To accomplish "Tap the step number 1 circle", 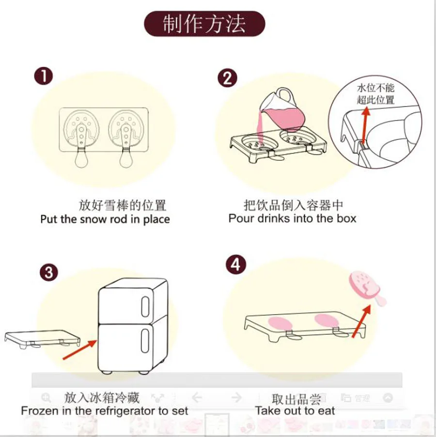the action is [x=44, y=76].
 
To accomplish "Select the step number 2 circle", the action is [x=227, y=78].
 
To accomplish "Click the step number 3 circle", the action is [x=48, y=272].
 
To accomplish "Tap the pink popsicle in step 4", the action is [x=366, y=289].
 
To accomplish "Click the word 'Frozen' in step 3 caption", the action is [x=38, y=411].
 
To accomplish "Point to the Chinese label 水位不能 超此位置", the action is [x=376, y=94].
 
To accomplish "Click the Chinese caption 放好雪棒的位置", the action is [x=123, y=205].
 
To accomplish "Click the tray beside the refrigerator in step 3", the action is [x=41, y=337].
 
